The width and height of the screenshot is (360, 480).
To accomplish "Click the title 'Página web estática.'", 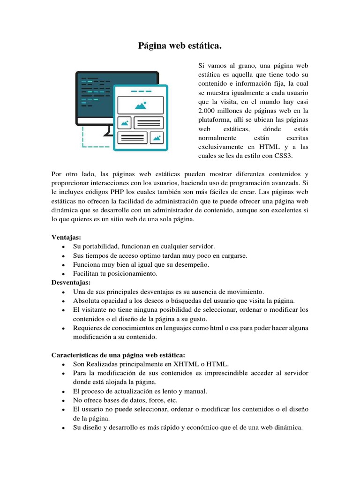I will point(180,46).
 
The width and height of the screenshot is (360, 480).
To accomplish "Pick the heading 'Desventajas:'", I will point(71,282).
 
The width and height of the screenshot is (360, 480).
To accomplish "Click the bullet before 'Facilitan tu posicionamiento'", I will point(63,274).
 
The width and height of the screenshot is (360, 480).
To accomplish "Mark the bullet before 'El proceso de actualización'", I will point(63,391).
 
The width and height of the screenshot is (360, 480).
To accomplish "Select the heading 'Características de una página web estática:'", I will point(118,355).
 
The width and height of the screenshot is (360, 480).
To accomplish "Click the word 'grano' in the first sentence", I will point(243,66).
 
